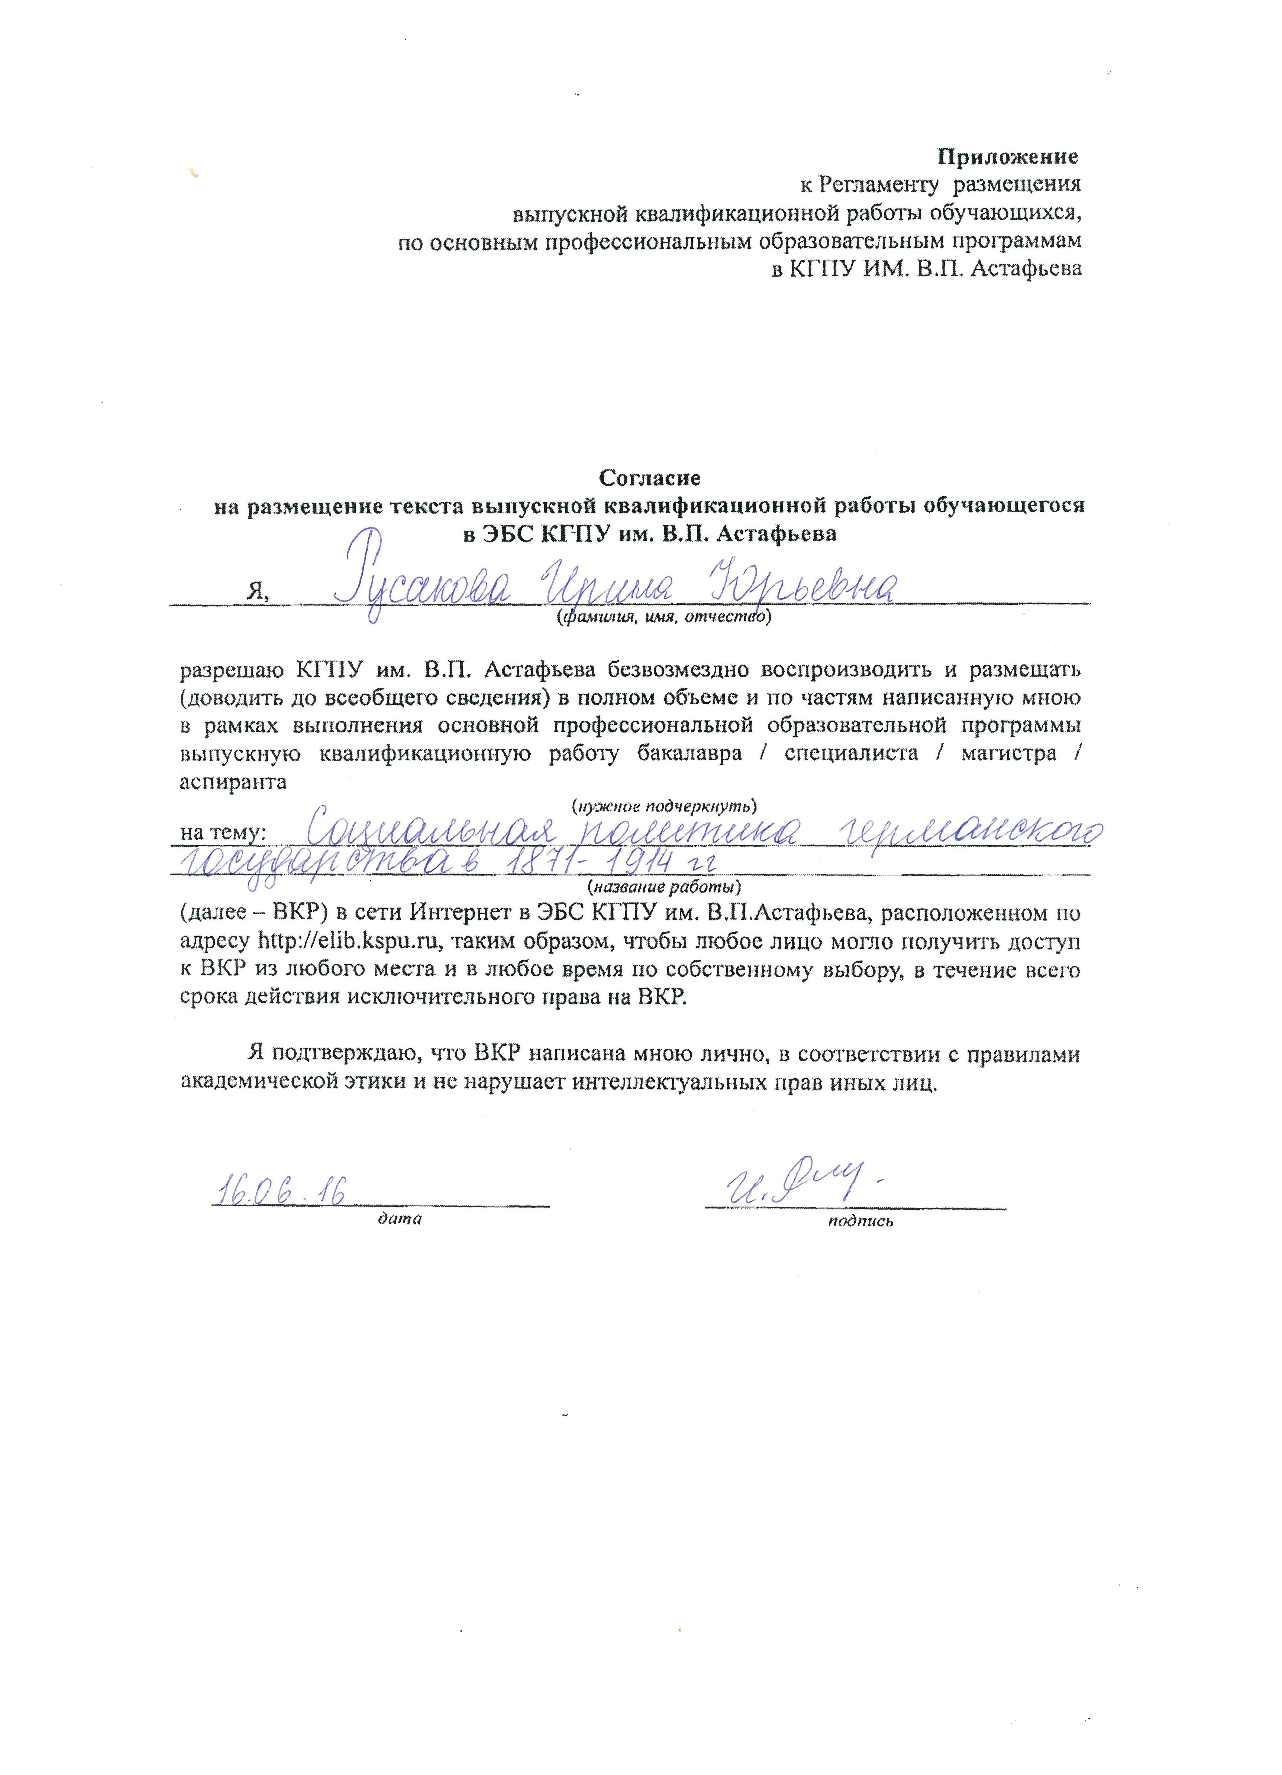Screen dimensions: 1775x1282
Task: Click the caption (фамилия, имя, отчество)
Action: [x=662, y=618]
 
